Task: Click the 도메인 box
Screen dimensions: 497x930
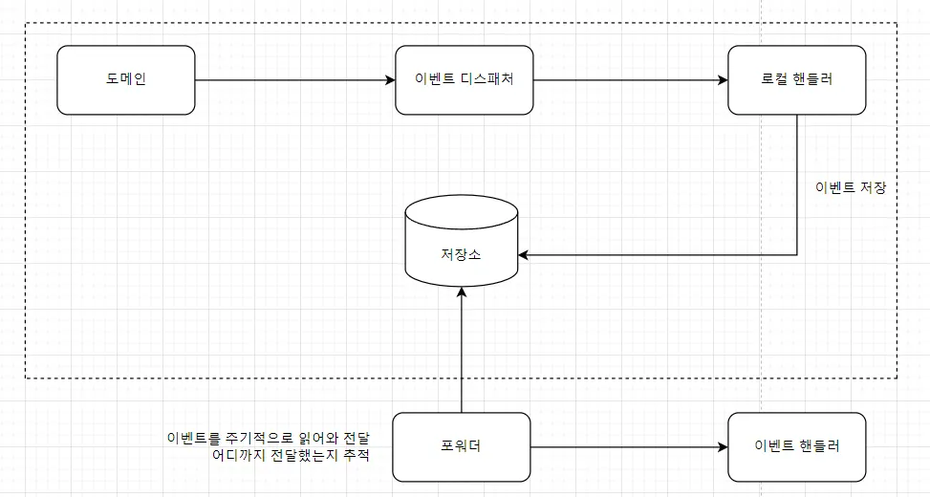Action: click(125, 80)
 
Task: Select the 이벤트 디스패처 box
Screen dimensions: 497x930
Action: click(464, 80)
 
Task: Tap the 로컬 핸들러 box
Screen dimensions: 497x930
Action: click(796, 80)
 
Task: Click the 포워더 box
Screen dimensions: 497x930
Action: click(461, 446)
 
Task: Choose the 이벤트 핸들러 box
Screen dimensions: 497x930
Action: click(796, 446)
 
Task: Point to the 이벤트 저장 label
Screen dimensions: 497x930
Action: click(850, 187)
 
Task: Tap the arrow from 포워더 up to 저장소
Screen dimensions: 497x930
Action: click(461, 354)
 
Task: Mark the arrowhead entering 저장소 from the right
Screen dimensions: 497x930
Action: click(524, 255)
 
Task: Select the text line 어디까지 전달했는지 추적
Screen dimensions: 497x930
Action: click(290, 455)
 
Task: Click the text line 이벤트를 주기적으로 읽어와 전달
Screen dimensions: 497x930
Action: click(269, 438)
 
